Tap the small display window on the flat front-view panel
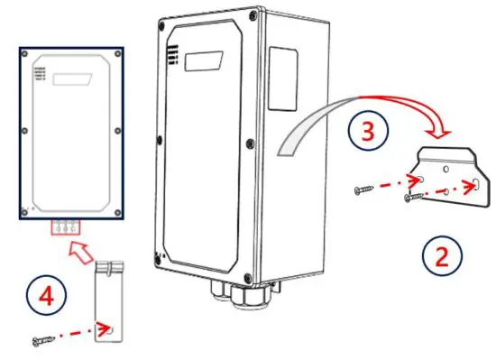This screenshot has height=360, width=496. click(73, 79)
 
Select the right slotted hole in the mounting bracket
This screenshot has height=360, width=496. click(473, 186)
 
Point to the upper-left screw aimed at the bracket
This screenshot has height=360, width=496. click(366, 189)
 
